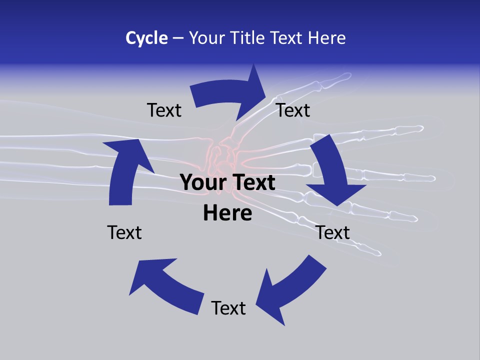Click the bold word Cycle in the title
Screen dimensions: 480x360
(x=146, y=38)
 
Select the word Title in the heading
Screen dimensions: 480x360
(x=248, y=38)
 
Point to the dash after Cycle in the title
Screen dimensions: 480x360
(x=178, y=38)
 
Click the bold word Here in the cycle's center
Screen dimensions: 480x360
(x=227, y=213)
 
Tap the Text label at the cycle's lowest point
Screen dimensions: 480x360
(x=228, y=308)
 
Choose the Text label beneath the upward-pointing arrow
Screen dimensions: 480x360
(x=124, y=232)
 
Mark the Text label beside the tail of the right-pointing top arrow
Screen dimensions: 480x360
(x=164, y=110)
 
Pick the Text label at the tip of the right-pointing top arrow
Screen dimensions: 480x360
(x=293, y=110)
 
